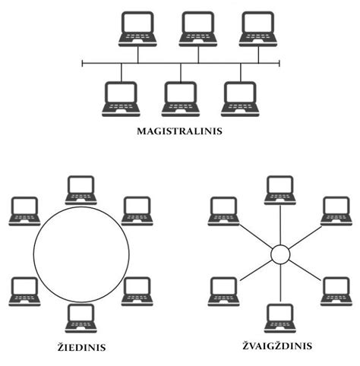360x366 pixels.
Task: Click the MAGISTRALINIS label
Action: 179,131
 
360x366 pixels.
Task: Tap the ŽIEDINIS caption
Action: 81,346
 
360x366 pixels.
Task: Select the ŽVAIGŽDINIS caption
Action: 277,345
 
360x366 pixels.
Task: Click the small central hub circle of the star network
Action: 280,254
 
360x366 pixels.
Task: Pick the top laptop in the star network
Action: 280,190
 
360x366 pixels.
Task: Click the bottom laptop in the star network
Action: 280,318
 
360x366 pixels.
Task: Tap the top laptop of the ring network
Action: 81,190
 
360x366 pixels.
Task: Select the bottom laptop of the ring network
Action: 81,318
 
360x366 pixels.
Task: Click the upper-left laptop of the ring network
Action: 24,211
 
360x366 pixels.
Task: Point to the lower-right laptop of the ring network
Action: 137,292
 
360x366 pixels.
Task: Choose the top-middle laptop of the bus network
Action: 198,29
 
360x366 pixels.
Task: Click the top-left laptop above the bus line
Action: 137,29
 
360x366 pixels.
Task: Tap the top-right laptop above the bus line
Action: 258,29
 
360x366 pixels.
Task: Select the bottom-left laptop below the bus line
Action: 121,99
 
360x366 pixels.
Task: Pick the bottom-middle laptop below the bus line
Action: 181,99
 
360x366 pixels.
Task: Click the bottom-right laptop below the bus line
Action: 240,99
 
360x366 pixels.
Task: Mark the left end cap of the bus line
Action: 82,63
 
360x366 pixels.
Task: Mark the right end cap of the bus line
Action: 279,63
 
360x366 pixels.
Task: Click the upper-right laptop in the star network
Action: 336,211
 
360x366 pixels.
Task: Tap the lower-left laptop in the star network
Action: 223,292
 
